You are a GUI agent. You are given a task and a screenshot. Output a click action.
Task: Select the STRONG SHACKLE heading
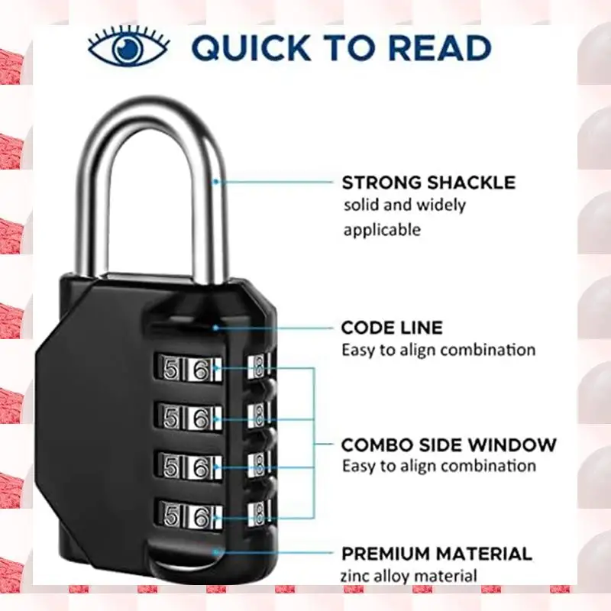pos(428,183)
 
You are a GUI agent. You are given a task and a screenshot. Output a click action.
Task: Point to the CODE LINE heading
pos(392,328)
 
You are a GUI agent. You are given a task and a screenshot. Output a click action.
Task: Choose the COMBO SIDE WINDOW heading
pos(449,445)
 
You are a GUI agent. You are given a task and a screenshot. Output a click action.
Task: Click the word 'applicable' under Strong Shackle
pos(382,229)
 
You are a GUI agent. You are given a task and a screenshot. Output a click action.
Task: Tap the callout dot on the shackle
pos(216,182)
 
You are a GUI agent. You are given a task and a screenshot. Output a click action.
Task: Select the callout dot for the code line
pos(216,327)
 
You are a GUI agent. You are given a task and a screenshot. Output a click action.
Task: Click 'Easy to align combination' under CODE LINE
pos(438,350)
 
